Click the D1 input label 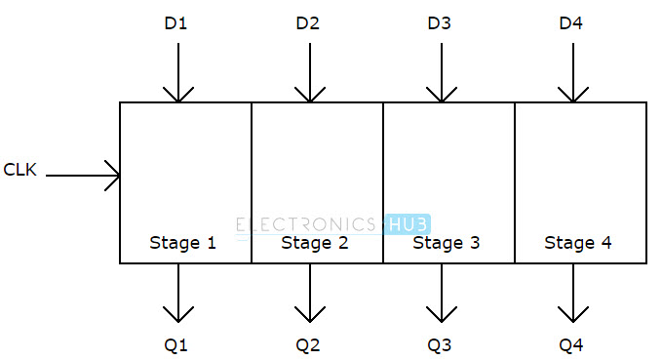click(177, 22)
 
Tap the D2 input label click(309, 22)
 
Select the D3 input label click(441, 22)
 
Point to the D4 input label click(572, 22)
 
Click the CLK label click(20, 169)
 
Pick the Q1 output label click(177, 343)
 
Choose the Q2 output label click(309, 343)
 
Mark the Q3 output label click(441, 343)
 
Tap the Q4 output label click(572, 343)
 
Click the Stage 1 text click(182, 243)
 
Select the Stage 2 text click(314, 243)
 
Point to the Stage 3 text click(446, 243)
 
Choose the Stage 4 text click(577, 243)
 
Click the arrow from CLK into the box click(83, 177)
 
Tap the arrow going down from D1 click(177, 72)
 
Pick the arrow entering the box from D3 click(441, 72)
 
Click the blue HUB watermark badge click(408, 224)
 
